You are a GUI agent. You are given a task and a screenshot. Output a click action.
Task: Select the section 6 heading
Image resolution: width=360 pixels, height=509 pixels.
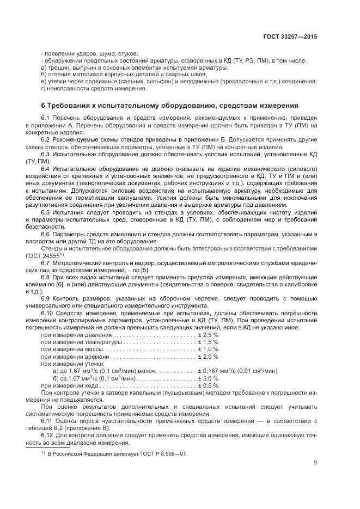(169, 105)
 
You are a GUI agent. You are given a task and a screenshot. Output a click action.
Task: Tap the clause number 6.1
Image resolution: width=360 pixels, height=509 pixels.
(46, 118)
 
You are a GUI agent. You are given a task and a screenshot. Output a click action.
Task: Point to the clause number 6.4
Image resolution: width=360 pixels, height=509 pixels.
(46, 169)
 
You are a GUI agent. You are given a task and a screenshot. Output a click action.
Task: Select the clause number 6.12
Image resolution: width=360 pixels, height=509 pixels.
(47, 436)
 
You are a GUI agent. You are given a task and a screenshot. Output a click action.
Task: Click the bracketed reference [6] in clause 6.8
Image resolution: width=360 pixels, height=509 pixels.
(65, 284)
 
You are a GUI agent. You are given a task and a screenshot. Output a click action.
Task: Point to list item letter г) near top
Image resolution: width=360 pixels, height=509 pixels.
(44, 88)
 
